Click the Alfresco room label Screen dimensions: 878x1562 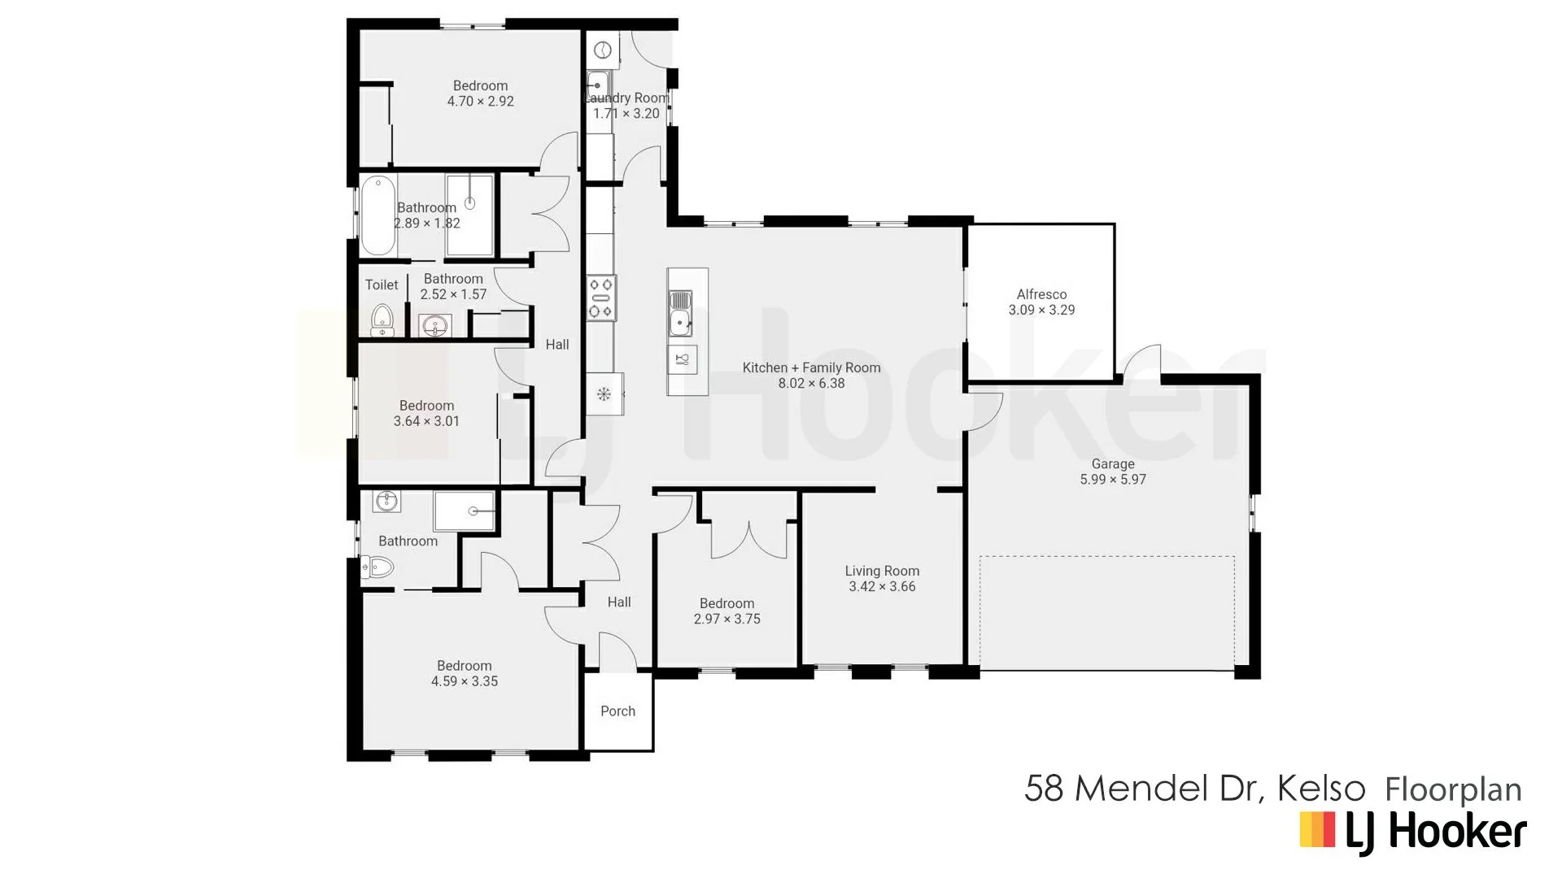click(x=1041, y=294)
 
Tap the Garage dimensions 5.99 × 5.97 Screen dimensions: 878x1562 click(x=1113, y=480)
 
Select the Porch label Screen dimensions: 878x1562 click(x=617, y=711)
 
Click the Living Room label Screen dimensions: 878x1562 click(x=882, y=572)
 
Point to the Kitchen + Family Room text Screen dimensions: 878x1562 click(x=811, y=367)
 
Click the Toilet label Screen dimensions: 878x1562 click(x=382, y=285)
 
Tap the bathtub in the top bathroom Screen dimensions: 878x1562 click(x=377, y=215)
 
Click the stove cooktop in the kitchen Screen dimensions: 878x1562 click(x=601, y=298)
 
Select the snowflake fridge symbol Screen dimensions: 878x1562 click(x=604, y=394)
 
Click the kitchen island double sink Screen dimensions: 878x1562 click(x=680, y=313)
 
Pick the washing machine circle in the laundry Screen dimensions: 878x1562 click(x=602, y=50)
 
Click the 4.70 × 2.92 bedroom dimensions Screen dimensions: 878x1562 click(x=480, y=102)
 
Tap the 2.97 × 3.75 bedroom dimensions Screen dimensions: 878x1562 click(x=726, y=619)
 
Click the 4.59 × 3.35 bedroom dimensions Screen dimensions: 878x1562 click(x=464, y=682)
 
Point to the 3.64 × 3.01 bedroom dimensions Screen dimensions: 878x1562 click(x=426, y=421)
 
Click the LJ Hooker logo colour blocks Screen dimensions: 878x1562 click(x=1317, y=830)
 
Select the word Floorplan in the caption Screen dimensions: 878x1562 click(x=1453, y=790)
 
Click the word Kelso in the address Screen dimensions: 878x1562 click(x=1320, y=789)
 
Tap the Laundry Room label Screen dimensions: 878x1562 click(x=627, y=98)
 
